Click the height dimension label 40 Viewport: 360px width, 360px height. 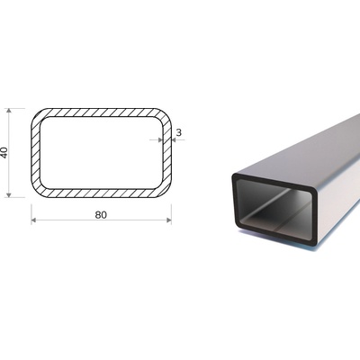(x=4, y=153)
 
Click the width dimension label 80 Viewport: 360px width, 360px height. (x=101, y=215)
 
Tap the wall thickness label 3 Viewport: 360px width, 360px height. (x=179, y=132)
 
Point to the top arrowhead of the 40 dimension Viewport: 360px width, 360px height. (x=9, y=111)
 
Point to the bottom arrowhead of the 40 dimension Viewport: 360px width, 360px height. (x=9, y=195)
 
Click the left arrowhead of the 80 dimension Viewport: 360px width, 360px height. (x=33, y=220)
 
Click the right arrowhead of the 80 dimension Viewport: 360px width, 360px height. (x=169, y=220)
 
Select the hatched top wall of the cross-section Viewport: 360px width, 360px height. (x=101, y=112)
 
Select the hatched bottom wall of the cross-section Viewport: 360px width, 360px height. (x=101, y=193)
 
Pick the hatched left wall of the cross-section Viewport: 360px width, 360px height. (x=35, y=153)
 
